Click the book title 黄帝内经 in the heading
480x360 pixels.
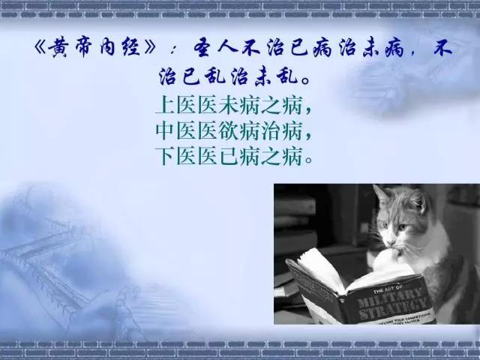94,48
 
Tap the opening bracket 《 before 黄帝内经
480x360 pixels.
40,48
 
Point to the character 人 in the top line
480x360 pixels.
227,48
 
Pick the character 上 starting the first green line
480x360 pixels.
165,105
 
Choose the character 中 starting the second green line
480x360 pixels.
165,130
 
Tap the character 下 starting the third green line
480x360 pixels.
165,156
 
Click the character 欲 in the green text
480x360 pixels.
228,130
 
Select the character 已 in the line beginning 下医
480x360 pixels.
228,156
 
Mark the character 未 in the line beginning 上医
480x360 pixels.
228,105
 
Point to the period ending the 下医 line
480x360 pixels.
308,160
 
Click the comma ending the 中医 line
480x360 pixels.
307,136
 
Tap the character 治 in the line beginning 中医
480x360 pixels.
271,130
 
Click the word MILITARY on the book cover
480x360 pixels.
388,299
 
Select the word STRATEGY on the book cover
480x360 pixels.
393,308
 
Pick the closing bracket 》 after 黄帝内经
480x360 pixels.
149,48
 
